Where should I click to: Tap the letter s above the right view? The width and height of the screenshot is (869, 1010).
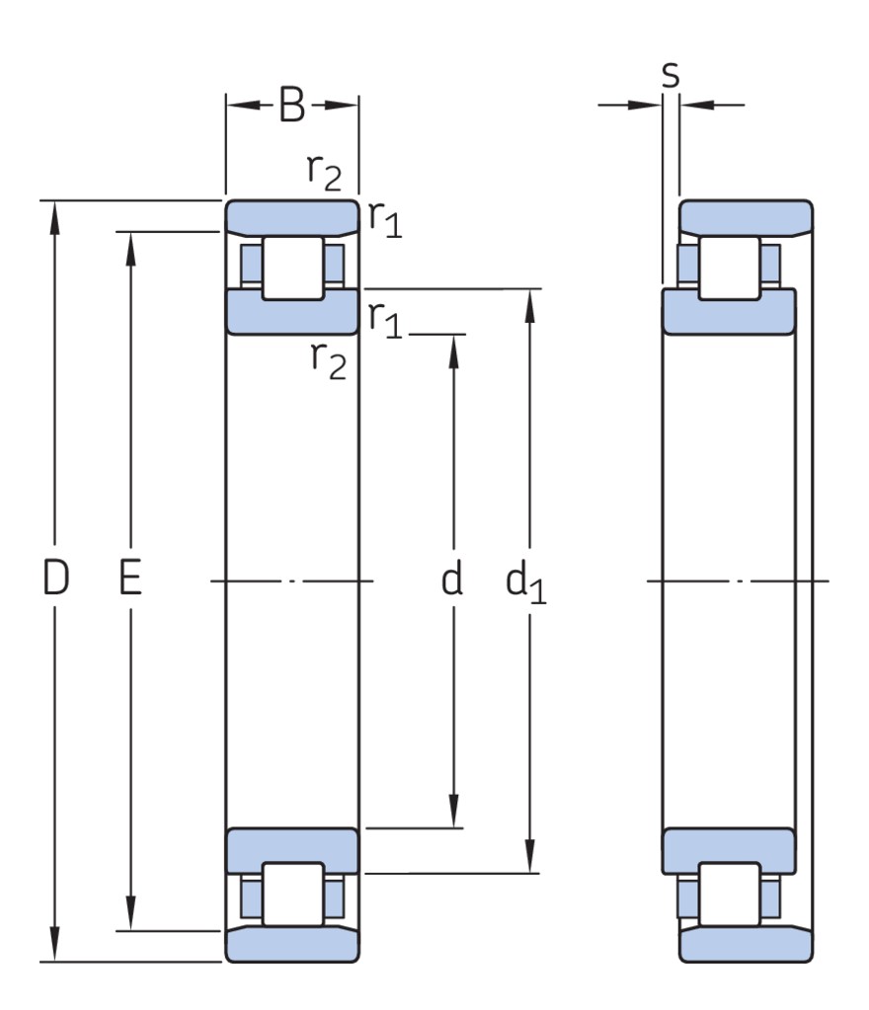tap(671, 74)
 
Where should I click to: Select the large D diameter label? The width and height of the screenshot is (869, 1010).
tap(56, 581)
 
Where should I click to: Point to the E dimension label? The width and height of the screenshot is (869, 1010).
tap(129, 581)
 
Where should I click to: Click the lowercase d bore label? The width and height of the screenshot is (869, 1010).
tap(451, 581)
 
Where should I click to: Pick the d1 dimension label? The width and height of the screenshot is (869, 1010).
tap(525, 583)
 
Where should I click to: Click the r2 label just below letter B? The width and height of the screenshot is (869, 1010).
tap(323, 174)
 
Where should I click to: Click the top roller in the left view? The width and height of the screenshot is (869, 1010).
tap(292, 268)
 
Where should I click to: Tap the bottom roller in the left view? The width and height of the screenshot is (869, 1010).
tap(292, 895)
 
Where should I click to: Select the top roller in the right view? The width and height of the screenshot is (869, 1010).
tap(730, 268)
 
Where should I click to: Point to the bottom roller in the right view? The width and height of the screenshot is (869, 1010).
tap(730, 895)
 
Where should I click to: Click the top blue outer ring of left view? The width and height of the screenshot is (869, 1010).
tap(292, 214)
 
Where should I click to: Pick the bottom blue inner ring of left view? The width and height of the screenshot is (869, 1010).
tap(292, 849)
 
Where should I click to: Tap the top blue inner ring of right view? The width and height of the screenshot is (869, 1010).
tap(730, 311)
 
